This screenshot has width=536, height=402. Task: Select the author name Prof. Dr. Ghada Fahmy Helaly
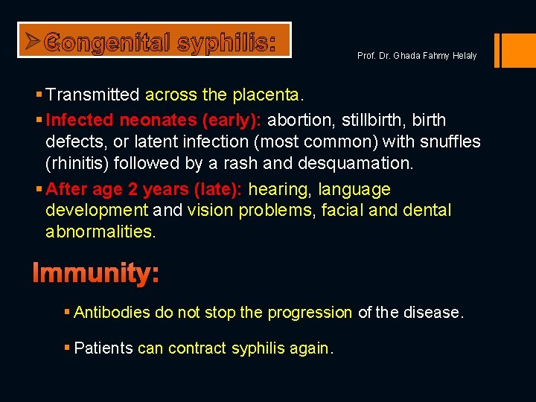[416, 56]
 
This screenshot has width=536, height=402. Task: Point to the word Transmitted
[93, 95]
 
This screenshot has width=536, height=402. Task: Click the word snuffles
[451, 141]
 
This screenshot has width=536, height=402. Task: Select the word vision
[209, 211]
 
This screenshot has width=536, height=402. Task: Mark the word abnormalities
[100, 232]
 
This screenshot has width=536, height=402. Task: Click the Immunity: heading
[95, 274]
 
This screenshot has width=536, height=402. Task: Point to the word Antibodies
[112, 313]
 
